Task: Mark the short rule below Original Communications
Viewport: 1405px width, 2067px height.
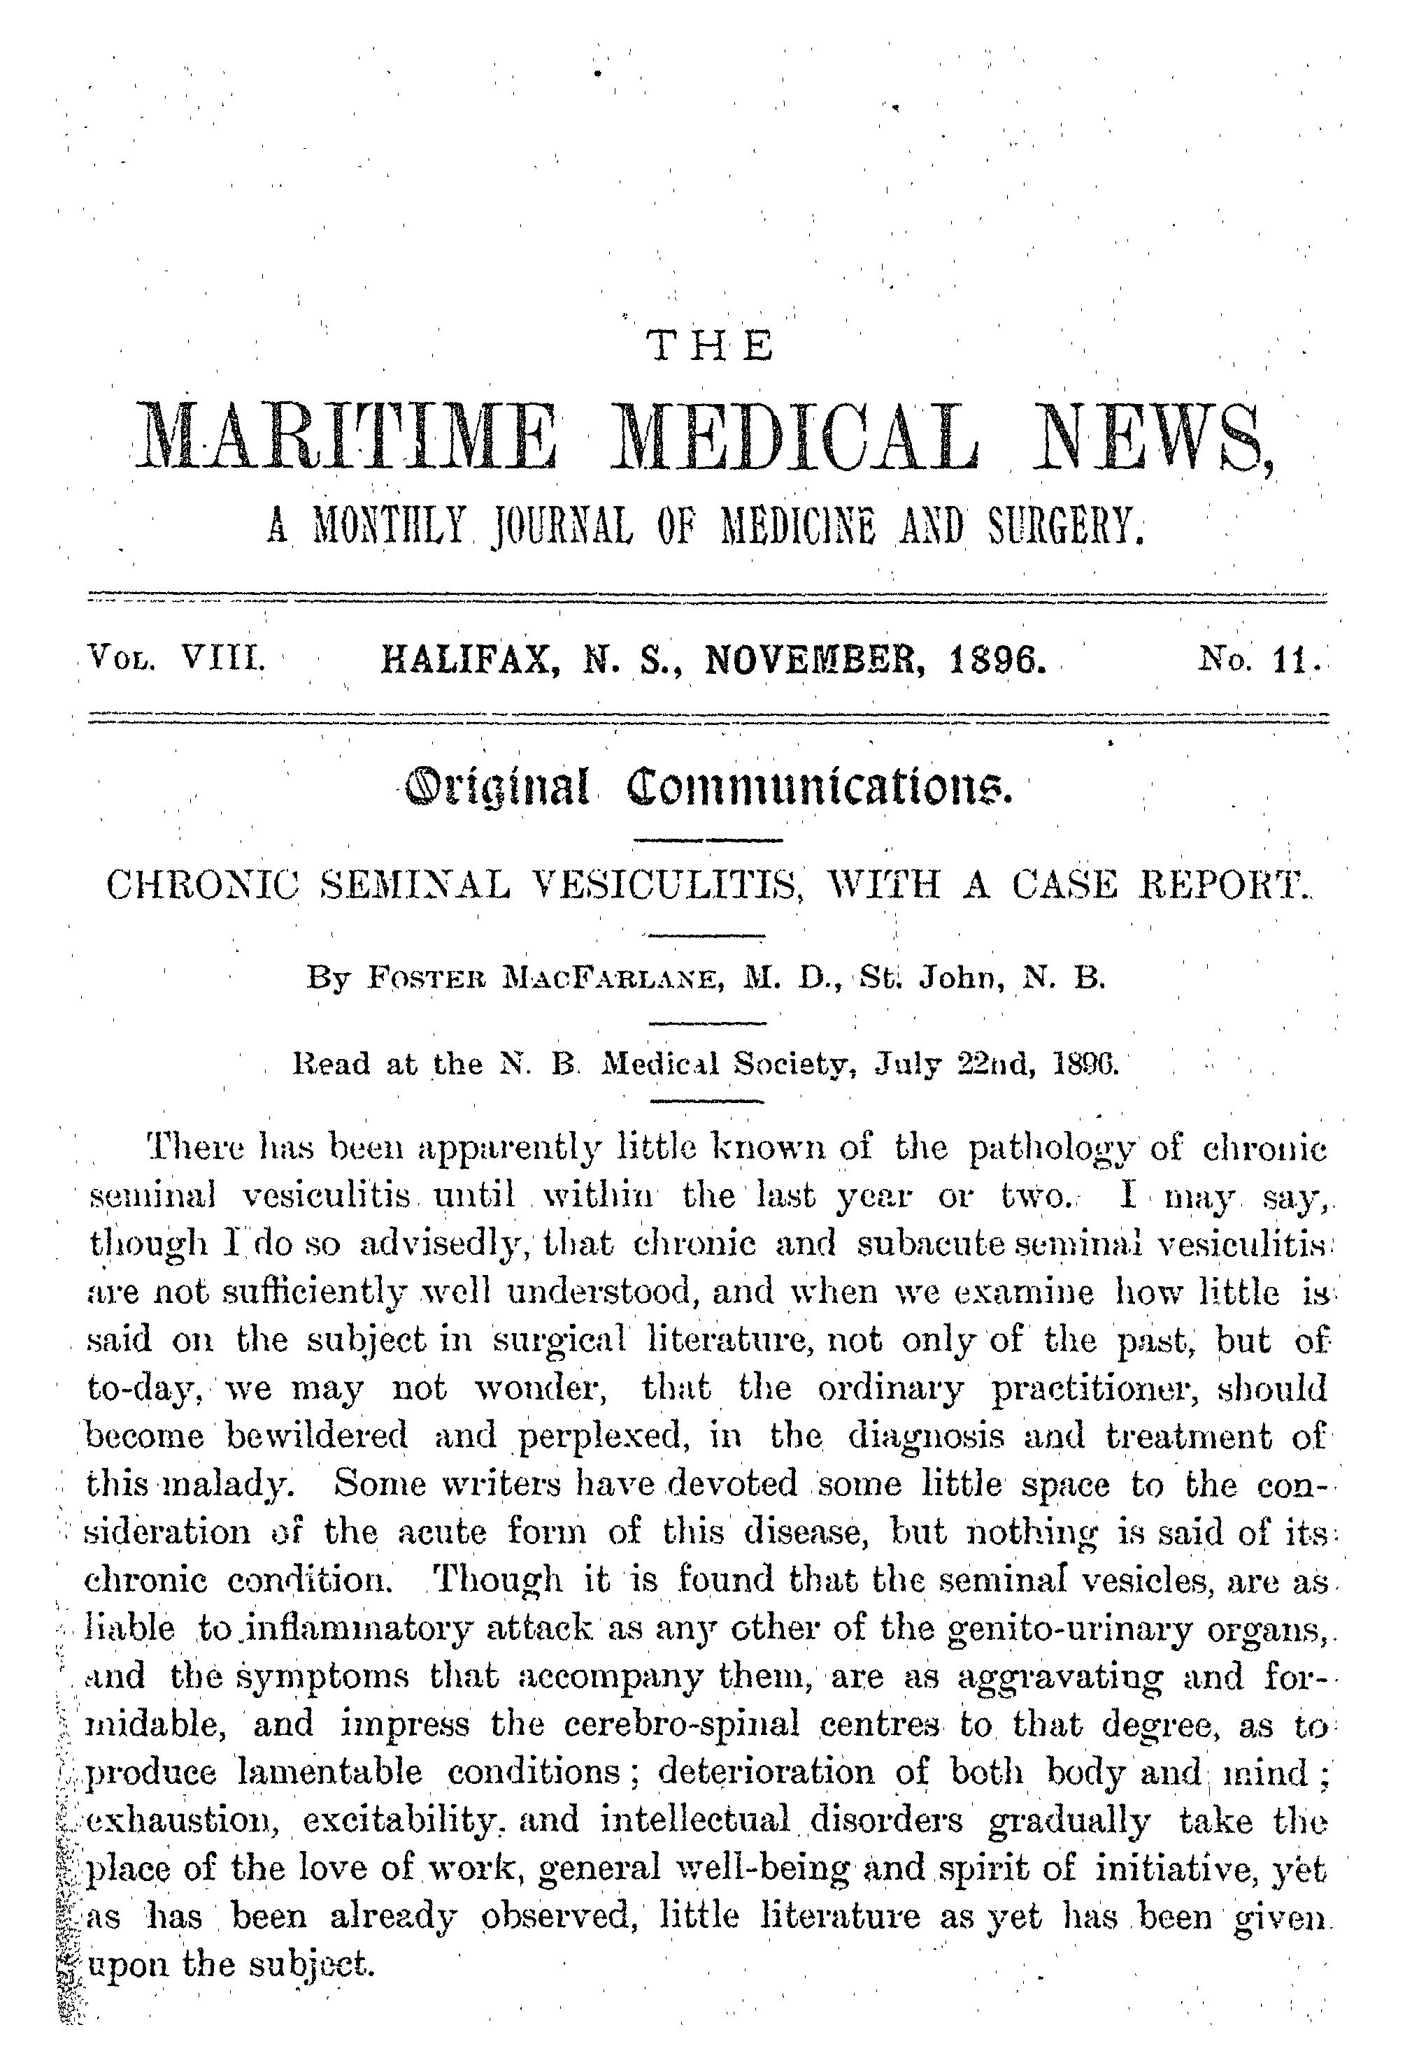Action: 707,840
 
